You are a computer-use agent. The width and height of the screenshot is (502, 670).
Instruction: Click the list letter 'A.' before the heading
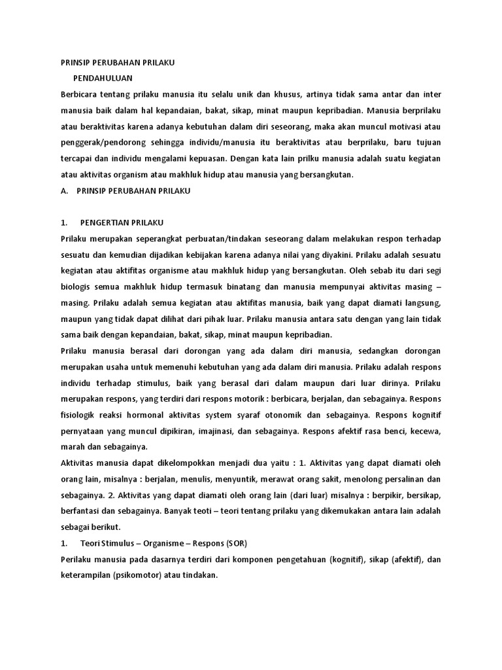(64, 190)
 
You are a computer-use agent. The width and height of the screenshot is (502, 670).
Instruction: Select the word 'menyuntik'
(233, 479)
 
